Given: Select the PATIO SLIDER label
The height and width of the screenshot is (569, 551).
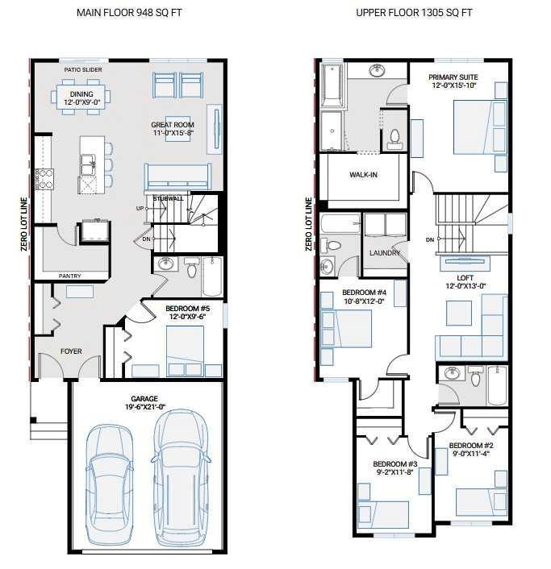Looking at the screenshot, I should [83, 70].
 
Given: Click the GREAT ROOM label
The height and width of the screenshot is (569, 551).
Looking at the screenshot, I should [172, 125].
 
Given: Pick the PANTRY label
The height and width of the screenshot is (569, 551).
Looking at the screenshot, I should [69, 276].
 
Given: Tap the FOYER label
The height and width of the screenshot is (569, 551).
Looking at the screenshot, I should [71, 351].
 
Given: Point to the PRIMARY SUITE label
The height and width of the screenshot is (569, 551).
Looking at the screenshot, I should [453, 77].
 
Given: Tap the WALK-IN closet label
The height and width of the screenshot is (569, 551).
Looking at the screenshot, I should [365, 175].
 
